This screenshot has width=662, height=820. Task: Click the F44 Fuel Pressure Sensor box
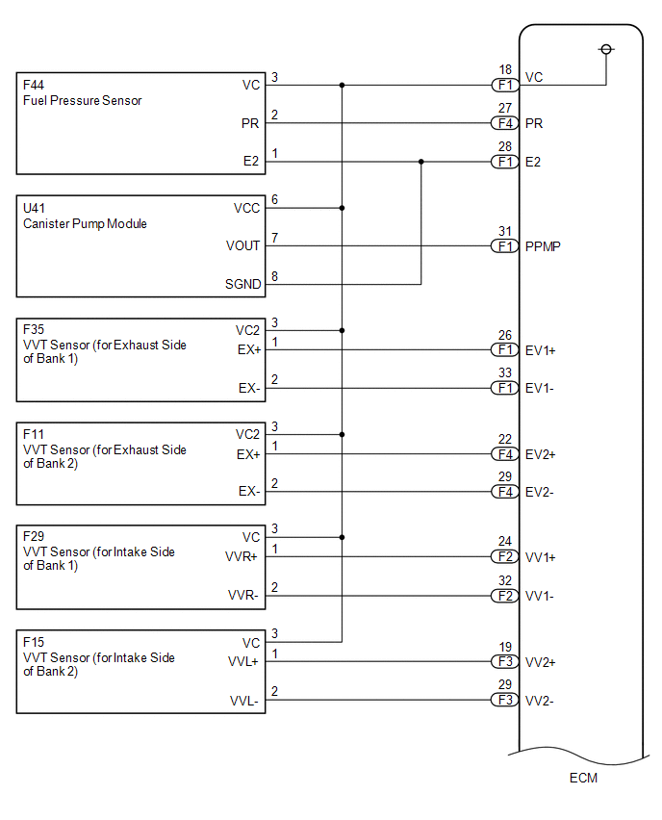[x=140, y=122]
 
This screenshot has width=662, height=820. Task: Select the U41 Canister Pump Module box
[x=140, y=245]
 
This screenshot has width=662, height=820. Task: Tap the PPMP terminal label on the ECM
[x=543, y=246]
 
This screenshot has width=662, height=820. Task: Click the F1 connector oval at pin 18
[x=504, y=85]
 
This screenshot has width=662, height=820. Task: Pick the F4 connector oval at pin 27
[x=504, y=123]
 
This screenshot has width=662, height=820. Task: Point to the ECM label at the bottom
[x=582, y=778]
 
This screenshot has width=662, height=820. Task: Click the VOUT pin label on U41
[x=243, y=245]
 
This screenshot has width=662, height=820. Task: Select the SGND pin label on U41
[x=242, y=284]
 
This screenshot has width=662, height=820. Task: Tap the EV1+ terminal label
[x=540, y=351]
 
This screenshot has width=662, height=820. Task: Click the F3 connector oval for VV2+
[x=504, y=662]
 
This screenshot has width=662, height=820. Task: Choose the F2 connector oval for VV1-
[x=504, y=596]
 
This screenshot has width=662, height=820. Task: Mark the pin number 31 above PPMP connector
[x=504, y=231]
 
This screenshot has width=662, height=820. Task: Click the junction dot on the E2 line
[x=420, y=162]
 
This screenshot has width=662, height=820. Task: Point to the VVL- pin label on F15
[x=243, y=700]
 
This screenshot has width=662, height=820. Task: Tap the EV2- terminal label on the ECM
[x=540, y=493]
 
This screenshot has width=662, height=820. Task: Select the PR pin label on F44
[x=250, y=123]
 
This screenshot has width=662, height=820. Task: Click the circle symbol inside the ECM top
[x=605, y=49]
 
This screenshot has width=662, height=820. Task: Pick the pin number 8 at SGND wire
[x=274, y=276]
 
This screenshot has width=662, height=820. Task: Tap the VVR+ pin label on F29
[x=242, y=557]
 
